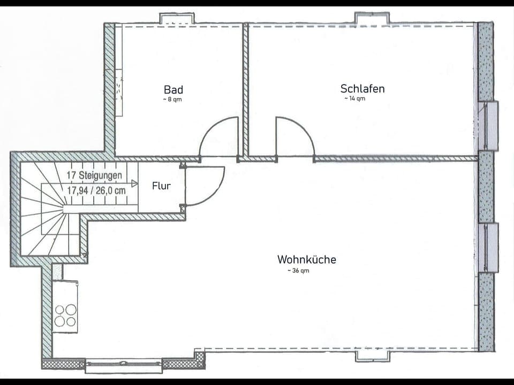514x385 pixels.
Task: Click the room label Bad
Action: pos(173,89)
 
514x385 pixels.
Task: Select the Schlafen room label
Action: pos(362,88)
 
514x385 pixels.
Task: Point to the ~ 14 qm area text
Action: pos(354,98)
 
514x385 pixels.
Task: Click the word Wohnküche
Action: pos(307,259)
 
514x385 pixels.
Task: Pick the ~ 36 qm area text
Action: pos(298,271)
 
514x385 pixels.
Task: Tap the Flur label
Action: pos(161,186)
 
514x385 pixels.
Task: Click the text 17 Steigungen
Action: pos(94,175)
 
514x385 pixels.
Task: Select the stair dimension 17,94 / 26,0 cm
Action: pos(96,189)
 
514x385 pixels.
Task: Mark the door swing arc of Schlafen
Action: pos(295,137)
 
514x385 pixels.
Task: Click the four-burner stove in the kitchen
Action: pos(65,315)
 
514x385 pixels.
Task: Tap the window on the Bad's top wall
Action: pos(177,18)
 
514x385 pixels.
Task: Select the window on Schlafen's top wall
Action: pos(372,18)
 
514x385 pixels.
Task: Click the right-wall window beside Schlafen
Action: pos(490,126)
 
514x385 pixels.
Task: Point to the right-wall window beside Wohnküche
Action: pos(490,248)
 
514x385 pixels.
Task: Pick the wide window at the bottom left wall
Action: pos(123,366)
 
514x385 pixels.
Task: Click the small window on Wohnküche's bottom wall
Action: pos(372,356)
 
